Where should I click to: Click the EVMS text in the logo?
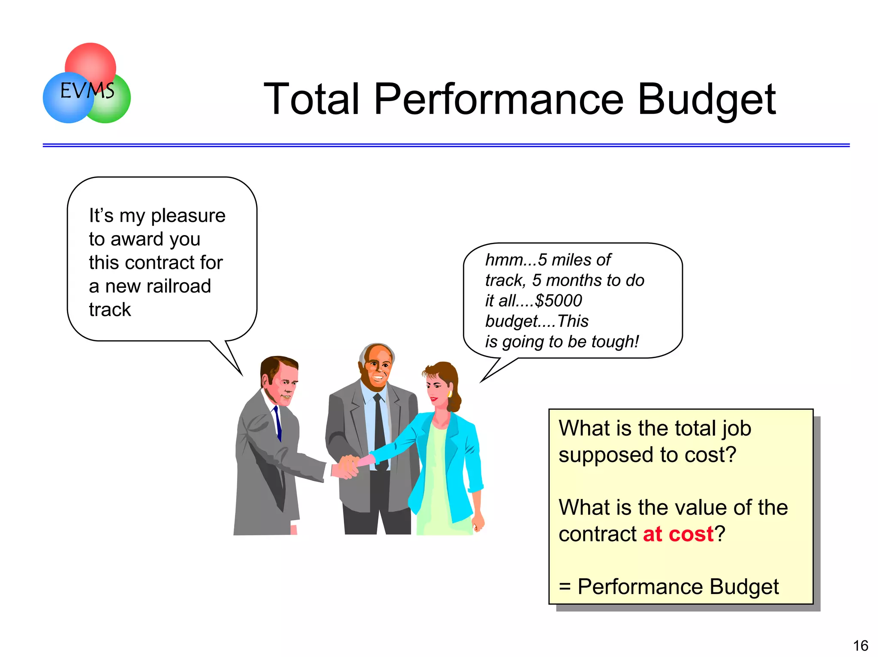[x=87, y=91]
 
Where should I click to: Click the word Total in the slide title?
[x=311, y=99]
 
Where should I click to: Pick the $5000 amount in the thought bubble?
[x=559, y=301]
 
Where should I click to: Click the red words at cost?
[x=678, y=534]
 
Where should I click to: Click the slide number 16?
[x=860, y=645]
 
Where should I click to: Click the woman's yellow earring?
[x=449, y=393]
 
